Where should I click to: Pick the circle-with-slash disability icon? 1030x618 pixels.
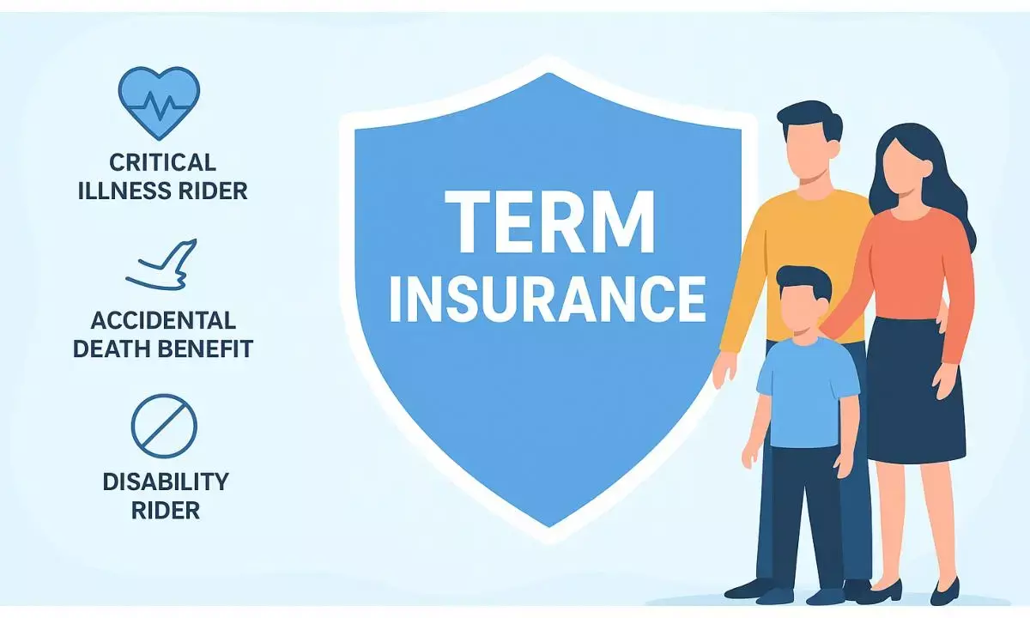164,426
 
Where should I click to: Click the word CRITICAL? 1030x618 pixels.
162,162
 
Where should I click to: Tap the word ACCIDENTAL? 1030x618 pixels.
163,321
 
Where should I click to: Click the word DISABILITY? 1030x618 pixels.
166,481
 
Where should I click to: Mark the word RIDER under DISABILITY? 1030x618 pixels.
166,510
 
